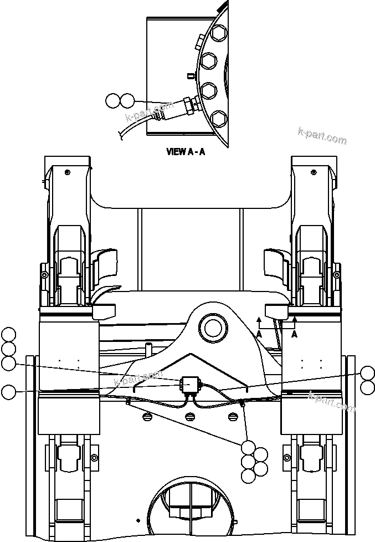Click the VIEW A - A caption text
186,151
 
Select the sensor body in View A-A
177,107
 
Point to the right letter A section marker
294,334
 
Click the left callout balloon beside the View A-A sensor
112,100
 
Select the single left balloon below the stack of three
8,392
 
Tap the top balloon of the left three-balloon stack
8,335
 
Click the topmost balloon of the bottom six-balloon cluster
249,447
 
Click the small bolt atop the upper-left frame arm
67,172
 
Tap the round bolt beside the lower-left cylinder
94,457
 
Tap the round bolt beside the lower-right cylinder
287,457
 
